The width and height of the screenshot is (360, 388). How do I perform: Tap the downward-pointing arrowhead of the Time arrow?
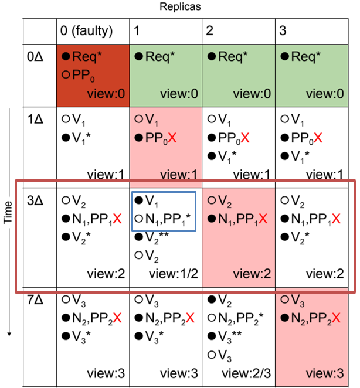9,333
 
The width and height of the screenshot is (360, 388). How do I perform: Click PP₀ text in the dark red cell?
84,74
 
